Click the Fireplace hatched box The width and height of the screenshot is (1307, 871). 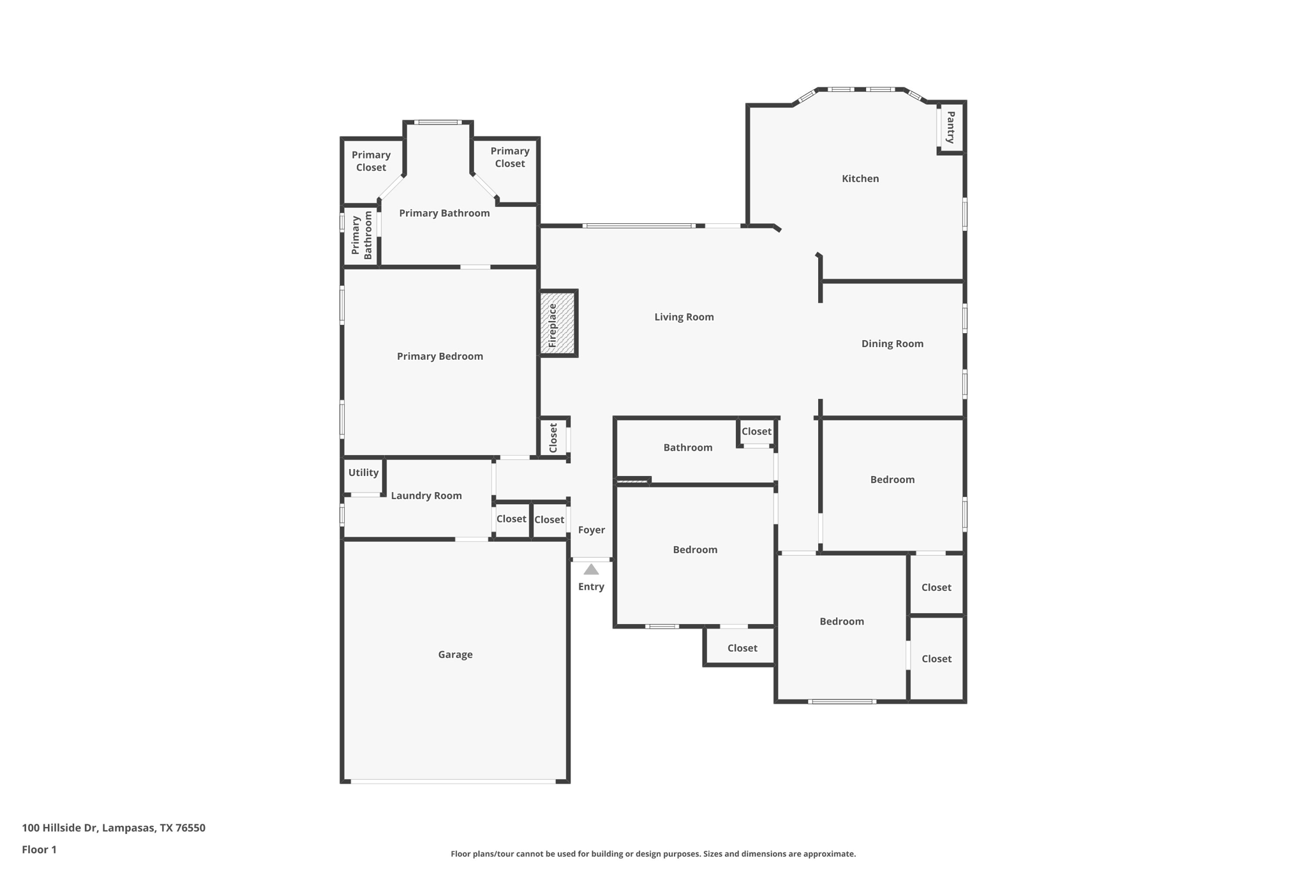[x=558, y=324]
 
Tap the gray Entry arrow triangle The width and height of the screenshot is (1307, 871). [x=591, y=570]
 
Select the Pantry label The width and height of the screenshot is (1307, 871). [x=950, y=127]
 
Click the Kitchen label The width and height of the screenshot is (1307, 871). [x=860, y=179]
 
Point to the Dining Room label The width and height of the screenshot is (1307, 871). [x=892, y=344]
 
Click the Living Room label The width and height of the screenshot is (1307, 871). [x=683, y=317]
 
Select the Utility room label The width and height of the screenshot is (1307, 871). [x=363, y=473]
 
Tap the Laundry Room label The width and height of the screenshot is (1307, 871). [x=426, y=496]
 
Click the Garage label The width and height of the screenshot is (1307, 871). [x=455, y=655]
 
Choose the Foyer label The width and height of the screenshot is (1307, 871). [x=591, y=530]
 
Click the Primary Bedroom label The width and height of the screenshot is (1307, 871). [x=440, y=357]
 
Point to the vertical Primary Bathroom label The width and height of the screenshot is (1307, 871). [x=361, y=235]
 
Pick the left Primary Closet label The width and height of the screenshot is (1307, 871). [x=371, y=161]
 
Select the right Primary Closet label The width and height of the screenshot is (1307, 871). [x=509, y=158]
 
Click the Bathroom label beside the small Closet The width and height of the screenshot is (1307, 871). [x=687, y=448]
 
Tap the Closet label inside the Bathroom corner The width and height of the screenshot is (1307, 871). [x=756, y=432]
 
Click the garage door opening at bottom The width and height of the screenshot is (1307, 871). [x=453, y=781]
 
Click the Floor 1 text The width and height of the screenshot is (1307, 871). [x=39, y=850]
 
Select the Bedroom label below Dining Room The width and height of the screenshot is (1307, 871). [x=892, y=480]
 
